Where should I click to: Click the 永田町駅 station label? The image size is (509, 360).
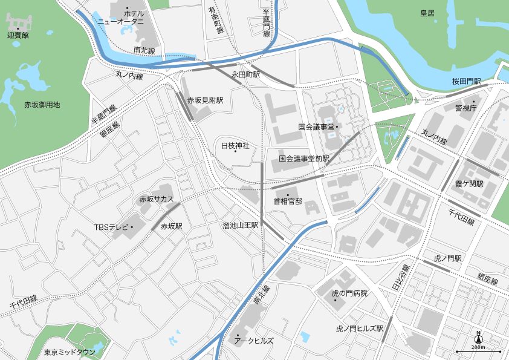[x=245, y=74]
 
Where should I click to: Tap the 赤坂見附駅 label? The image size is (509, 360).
[x=205, y=100]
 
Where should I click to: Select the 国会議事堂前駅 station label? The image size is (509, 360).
[x=304, y=159]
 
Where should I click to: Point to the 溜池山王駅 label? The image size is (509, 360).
[x=240, y=225]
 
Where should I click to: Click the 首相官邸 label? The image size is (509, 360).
[x=288, y=201]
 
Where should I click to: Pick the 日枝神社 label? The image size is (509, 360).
[x=235, y=146]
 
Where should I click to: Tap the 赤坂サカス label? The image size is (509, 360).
[x=157, y=198]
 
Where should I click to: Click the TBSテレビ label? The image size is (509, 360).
[x=112, y=227]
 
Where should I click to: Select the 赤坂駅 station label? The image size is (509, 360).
[x=172, y=226]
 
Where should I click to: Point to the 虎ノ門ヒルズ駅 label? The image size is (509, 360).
[x=360, y=329]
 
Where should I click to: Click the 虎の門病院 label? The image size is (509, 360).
[x=349, y=293]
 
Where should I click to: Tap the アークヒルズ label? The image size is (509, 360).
[x=254, y=341]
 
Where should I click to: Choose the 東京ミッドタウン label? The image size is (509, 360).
[x=70, y=352]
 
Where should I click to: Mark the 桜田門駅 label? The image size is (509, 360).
[x=466, y=81]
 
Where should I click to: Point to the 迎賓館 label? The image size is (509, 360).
[x=18, y=35]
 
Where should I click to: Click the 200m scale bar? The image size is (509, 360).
[x=478, y=350]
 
